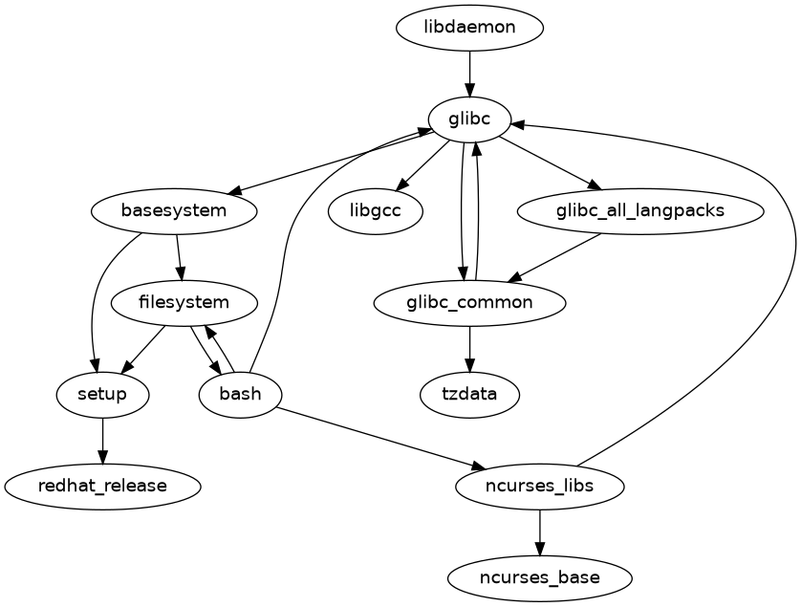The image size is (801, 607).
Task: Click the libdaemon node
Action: tap(469, 28)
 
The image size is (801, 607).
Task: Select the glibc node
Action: tap(469, 119)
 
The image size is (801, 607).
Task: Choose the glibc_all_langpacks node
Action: tap(640, 210)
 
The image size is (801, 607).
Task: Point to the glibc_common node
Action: tap(469, 303)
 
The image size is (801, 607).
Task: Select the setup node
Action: tap(102, 394)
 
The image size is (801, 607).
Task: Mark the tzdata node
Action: tap(469, 394)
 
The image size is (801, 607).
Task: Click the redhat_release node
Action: tap(102, 486)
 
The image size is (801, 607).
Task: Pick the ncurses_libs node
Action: tap(540, 486)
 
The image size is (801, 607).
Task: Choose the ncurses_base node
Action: tap(540, 577)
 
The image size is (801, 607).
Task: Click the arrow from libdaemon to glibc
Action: tap(469, 73)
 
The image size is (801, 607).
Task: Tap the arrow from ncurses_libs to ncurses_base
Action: tap(540, 531)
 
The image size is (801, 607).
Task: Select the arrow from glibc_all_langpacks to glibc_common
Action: tap(554, 257)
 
